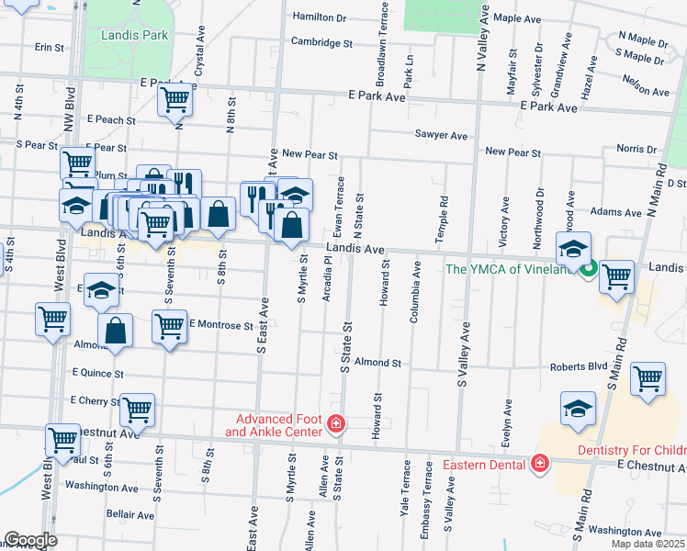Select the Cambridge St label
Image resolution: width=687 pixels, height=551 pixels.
321,42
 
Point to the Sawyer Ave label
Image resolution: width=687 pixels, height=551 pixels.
441,135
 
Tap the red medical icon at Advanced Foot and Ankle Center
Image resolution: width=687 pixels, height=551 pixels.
337,424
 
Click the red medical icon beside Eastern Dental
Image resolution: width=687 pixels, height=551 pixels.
539,463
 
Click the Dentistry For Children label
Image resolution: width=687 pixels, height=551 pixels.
632,450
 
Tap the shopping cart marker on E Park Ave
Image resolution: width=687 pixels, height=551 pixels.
175,100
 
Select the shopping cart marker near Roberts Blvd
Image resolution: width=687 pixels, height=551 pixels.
648,378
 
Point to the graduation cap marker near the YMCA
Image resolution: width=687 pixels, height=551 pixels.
573,249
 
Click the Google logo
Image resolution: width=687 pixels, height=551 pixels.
30,540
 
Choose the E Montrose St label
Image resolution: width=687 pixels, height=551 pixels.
220,325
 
